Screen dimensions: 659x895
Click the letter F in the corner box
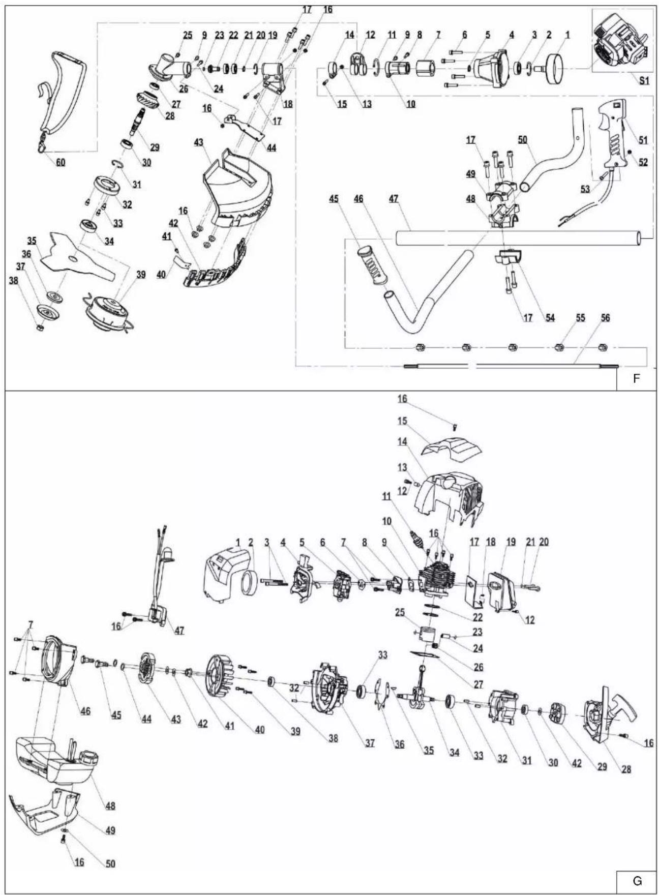tap(636, 379)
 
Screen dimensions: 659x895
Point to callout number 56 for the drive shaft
tap(605, 318)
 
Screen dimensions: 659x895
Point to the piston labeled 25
tap(425, 634)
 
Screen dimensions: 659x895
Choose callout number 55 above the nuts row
tap(580, 318)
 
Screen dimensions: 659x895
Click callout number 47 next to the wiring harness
tap(179, 631)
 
